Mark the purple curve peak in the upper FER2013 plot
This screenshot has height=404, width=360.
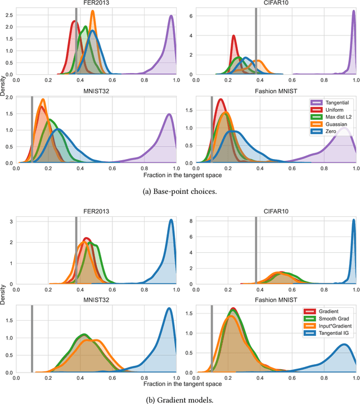[170, 16]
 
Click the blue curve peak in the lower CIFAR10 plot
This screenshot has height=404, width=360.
[353, 220]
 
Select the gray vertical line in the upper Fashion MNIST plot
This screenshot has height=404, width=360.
[211, 129]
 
